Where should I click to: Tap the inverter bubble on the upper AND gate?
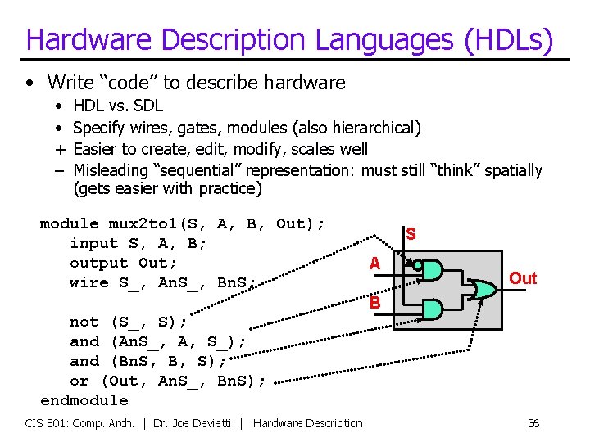coord(417,265)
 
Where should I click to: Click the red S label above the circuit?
coord(411,235)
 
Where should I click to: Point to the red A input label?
coord(374,264)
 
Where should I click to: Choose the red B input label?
coord(374,302)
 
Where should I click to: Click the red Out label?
coord(523,278)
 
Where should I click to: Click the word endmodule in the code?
coord(84,400)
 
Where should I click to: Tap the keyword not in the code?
coord(84,322)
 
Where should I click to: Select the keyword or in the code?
coord(79,381)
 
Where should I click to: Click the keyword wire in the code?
coord(89,282)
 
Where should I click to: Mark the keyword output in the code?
coord(99,263)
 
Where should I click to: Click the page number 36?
coord(533,423)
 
